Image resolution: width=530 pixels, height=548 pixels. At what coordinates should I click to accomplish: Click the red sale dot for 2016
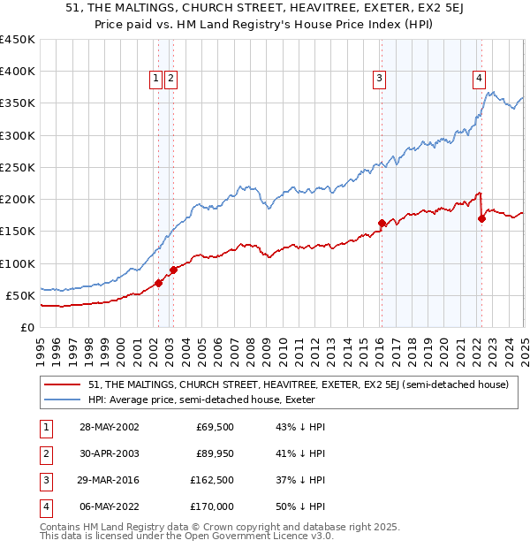382,224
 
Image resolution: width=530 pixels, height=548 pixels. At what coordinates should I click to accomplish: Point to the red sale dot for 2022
481,218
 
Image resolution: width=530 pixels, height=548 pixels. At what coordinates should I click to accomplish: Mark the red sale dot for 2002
159,283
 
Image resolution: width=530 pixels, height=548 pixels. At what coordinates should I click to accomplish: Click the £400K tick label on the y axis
18,72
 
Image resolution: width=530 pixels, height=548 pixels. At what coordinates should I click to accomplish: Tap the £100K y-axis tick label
18,263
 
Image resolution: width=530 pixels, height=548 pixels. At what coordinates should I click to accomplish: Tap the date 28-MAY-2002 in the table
109,428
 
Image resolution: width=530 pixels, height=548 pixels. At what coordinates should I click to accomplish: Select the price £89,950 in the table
215,454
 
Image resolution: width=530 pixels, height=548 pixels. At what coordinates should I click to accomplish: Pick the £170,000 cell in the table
215,507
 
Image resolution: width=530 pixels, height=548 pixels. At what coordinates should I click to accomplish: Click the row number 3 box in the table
44,481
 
